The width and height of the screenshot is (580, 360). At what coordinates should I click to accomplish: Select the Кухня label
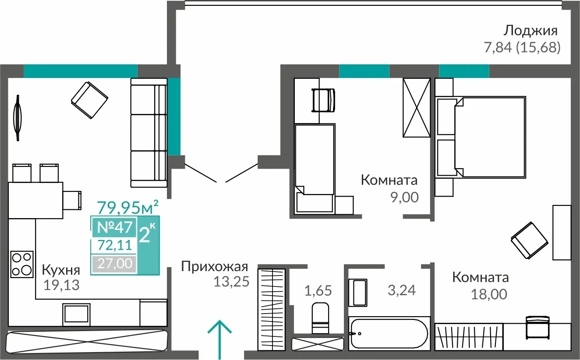pos(61,270)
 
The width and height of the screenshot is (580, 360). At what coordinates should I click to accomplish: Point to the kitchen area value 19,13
pos(61,286)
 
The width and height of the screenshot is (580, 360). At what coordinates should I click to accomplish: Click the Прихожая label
pos(214,267)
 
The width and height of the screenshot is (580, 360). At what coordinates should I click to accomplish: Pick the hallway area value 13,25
pos(231,282)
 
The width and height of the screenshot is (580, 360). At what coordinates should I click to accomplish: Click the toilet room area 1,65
pos(318,290)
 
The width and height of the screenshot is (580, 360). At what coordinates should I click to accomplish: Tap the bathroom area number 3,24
pos(402,290)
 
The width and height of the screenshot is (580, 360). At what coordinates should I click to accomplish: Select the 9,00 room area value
pos(404,198)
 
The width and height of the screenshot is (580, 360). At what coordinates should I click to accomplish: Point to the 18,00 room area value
pos(489,294)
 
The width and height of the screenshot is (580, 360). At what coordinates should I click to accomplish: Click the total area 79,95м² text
pos(127,207)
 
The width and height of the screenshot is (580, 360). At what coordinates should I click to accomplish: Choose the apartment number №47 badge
pos(115,227)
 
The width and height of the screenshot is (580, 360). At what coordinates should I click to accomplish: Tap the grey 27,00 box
pos(115,264)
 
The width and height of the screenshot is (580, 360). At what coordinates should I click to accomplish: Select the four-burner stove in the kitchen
pos(22,264)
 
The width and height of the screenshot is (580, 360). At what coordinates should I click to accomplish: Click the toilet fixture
pos(320,318)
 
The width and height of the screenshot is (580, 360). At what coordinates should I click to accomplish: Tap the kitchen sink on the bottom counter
pos(76,314)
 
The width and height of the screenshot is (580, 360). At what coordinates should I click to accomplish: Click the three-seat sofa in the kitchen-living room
pos(149,133)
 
